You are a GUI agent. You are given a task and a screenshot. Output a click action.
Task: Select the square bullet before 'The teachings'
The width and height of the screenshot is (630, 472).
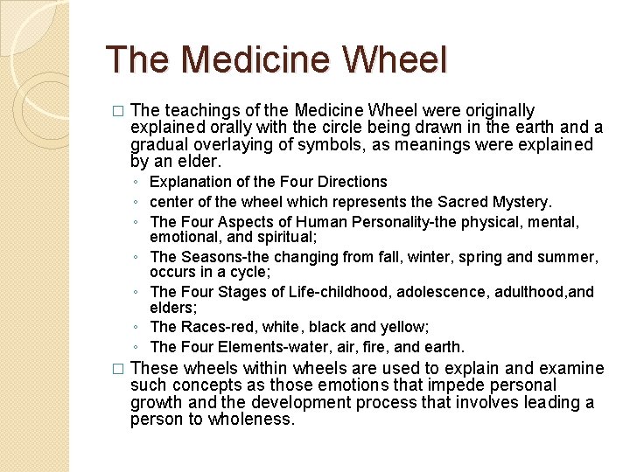coord(119,112)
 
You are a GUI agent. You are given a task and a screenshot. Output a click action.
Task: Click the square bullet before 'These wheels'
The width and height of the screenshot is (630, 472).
coord(119,369)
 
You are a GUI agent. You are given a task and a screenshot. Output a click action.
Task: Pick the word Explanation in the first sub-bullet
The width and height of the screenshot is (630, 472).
coord(190,182)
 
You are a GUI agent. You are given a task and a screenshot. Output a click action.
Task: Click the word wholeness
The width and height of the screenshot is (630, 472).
coord(255,419)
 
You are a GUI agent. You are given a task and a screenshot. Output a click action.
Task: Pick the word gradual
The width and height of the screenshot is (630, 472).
coord(157,144)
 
